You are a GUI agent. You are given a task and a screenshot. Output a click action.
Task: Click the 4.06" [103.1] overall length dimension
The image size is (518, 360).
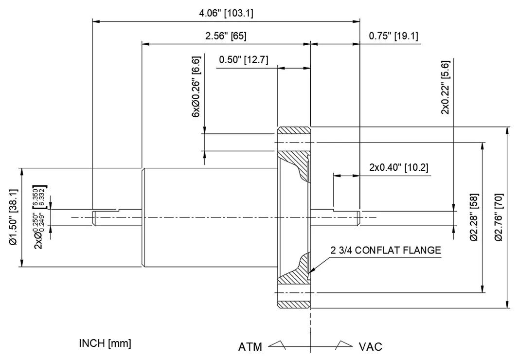pyautogui.click(x=226, y=13)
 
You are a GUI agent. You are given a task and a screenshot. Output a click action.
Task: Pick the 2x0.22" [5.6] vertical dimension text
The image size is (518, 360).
pyautogui.click(x=445, y=88)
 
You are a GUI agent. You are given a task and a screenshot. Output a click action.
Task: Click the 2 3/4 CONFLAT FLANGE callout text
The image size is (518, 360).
pyautogui.click(x=386, y=251)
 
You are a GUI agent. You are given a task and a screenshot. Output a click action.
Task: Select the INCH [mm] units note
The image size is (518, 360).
pyautogui.click(x=105, y=343)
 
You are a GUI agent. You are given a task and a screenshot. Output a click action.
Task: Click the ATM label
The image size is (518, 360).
pyautogui.click(x=250, y=347)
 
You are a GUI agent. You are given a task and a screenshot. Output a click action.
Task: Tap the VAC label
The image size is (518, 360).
pyautogui.click(x=371, y=347)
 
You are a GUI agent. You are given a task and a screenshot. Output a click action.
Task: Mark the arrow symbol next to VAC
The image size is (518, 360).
pyautogui.click(x=343, y=344)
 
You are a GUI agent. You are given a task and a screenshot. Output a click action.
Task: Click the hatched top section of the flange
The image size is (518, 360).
pyautogui.click(x=293, y=132)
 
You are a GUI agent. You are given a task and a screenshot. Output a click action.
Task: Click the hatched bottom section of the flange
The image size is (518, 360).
pyautogui.click(x=293, y=303)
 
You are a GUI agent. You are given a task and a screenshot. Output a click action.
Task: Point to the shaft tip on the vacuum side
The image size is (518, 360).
pyautogui.click(x=358, y=217)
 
